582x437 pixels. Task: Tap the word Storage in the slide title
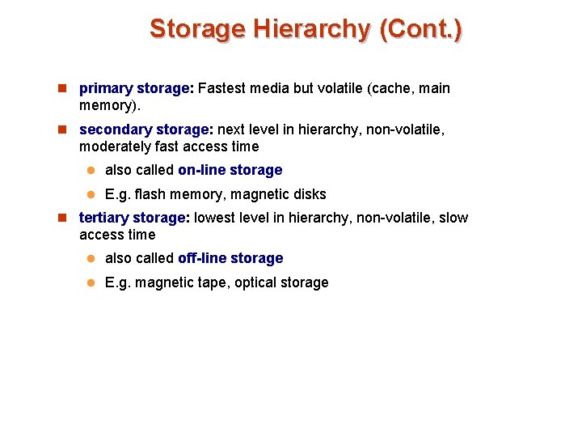pyautogui.click(x=197, y=29)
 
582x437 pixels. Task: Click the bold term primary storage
pyautogui.click(x=136, y=88)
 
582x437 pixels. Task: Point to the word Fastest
pyautogui.click(x=224, y=88)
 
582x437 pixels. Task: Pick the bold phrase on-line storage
pyautogui.click(x=230, y=170)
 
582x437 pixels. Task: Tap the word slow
pyautogui.click(x=453, y=218)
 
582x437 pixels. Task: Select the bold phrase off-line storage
pyautogui.click(x=230, y=258)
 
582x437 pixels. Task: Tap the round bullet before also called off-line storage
pyautogui.click(x=92, y=258)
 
